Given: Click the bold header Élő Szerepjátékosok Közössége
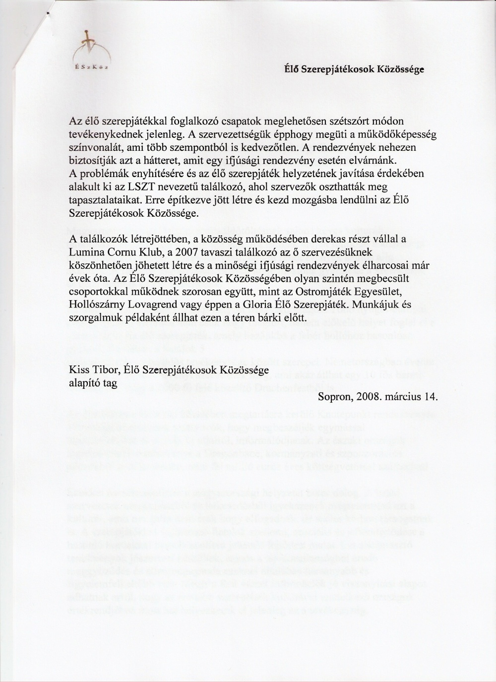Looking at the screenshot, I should coord(353,70).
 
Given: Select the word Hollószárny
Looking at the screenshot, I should coord(94,303).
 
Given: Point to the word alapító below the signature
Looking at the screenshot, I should coord(85,383).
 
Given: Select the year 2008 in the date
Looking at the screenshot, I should coord(370,396).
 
